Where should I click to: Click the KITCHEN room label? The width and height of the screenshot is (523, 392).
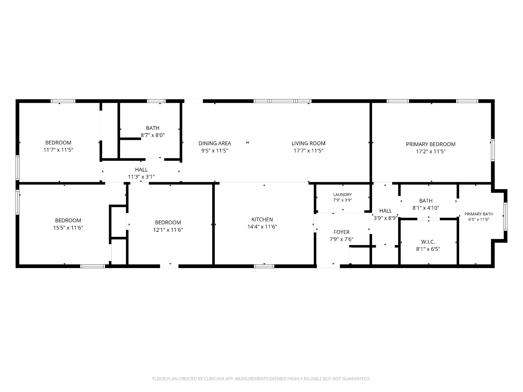coord(262,219)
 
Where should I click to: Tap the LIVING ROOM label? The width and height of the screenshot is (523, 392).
coord(308,143)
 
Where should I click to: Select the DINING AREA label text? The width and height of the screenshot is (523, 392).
coord(215,143)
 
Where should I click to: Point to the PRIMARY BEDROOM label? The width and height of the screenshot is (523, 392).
coord(431,144)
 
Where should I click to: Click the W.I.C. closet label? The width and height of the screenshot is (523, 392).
coord(428,242)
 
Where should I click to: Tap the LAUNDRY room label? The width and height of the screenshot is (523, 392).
coord(342,194)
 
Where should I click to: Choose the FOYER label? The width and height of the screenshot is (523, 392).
coord(341,232)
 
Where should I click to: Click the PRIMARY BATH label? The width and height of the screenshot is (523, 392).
coord(479,214)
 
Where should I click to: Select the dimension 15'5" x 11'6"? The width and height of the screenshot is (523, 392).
coord(68,228)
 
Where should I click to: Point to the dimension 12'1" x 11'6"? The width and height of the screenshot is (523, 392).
coord(168,230)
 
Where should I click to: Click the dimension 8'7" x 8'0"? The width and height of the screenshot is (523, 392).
coord(153,135)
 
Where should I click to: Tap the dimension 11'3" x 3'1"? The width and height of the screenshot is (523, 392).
coord(141,177)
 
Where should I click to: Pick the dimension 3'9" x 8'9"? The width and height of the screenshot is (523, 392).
coord(386,218)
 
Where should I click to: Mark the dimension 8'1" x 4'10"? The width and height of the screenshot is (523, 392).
coord(426,208)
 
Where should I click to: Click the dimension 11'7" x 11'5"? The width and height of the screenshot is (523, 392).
coord(58,150)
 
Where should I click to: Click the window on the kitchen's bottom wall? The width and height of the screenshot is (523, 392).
coord(264,266)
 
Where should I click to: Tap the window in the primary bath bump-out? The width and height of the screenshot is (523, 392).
coord(505,217)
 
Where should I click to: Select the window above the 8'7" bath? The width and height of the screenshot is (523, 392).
coord(156,101)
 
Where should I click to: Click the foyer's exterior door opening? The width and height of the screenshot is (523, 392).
coord(328,266)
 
